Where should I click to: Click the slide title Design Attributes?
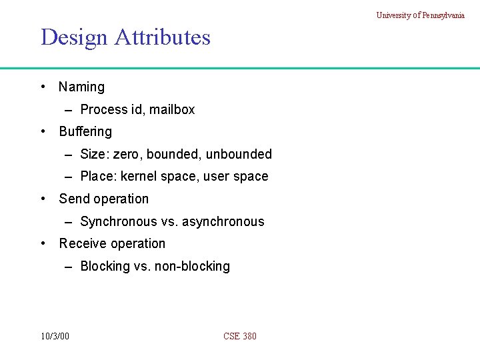(125, 37)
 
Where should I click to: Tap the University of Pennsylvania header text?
(420, 15)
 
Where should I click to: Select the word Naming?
(81, 87)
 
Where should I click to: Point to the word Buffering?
(85, 132)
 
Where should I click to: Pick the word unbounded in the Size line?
(239, 154)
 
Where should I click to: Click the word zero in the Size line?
(126, 154)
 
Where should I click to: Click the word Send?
(73, 199)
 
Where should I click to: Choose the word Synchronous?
(119, 221)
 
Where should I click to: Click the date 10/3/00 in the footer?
(54, 336)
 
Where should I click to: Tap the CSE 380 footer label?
(240, 336)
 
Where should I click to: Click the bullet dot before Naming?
(43, 87)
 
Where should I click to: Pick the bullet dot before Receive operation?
(43, 243)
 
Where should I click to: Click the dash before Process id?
(69, 110)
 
